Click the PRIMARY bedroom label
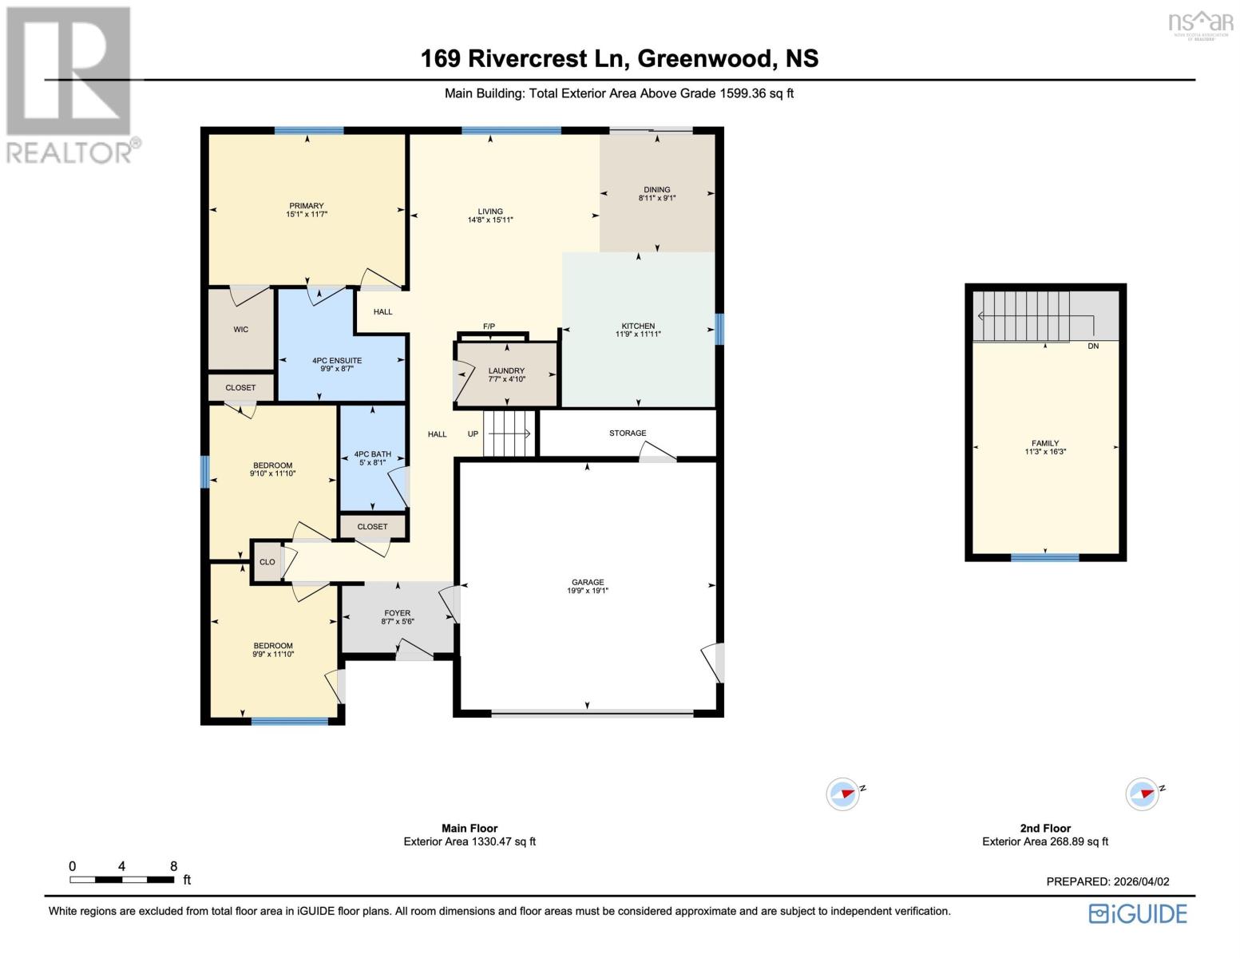307,206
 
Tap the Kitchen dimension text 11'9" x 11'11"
638,335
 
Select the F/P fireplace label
489,327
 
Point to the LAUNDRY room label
506,370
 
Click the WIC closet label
241,330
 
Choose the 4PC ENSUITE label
337,361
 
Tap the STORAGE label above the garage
628,433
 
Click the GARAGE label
588,583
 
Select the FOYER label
397,613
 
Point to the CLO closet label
267,562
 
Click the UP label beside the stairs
473,434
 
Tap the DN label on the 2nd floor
1093,346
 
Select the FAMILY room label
1045,443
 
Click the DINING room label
657,190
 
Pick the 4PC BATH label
373,454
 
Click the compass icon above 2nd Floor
1142,794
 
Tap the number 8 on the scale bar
173,866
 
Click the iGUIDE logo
1138,913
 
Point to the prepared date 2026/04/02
1141,881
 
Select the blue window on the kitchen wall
719,329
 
